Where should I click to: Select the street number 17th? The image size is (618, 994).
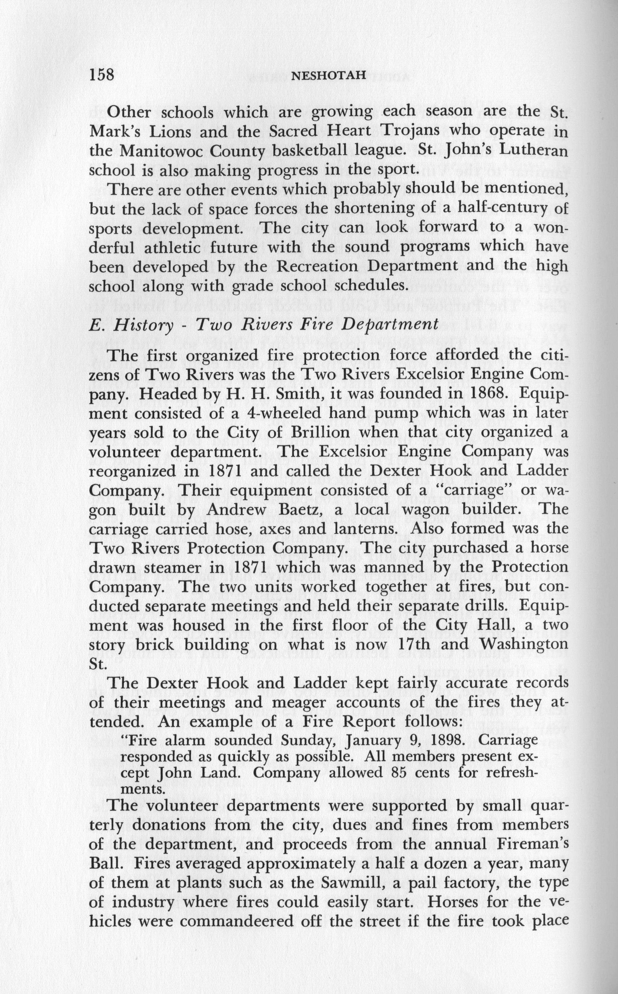pos(438,644)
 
